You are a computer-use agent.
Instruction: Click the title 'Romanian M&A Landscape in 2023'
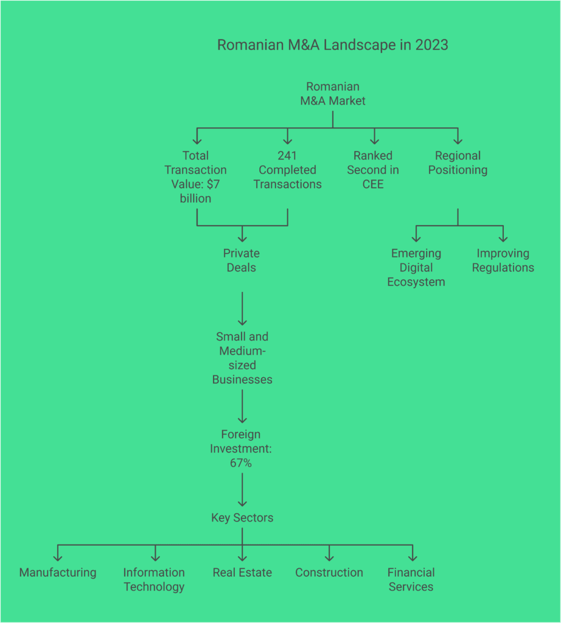point(332,46)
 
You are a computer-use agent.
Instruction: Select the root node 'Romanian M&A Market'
point(333,94)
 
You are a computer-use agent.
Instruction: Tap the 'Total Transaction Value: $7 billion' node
point(196,177)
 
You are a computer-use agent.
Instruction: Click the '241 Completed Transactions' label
point(287,170)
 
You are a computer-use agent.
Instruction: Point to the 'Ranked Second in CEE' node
point(373,170)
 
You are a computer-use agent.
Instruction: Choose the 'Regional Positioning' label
point(458,163)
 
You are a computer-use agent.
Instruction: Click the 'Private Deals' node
point(242,260)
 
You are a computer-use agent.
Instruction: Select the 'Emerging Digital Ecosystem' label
point(416,268)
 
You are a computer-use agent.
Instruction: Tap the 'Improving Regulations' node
point(503,260)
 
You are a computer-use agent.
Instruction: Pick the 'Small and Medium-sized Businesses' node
point(242,358)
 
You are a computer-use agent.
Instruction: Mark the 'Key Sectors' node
point(242,518)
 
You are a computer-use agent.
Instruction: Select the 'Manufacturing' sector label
point(58,573)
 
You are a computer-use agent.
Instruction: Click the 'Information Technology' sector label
point(154,580)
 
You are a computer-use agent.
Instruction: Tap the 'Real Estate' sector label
point(242,573)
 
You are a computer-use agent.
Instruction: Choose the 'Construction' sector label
point(329,573)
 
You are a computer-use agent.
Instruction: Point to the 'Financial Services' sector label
point(411,580)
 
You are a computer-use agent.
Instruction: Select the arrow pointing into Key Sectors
point(242,489)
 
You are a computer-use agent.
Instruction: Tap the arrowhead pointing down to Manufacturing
point(58,557)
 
